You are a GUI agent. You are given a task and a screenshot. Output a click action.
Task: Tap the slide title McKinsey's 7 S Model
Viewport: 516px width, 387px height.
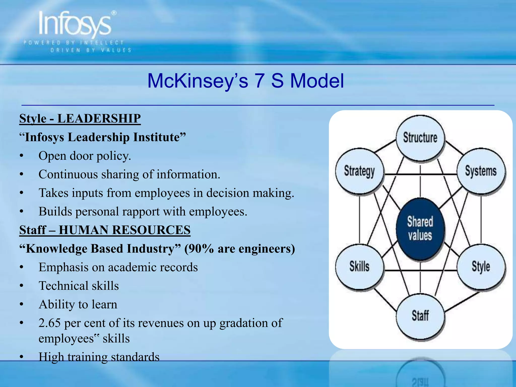(x=245, y=81)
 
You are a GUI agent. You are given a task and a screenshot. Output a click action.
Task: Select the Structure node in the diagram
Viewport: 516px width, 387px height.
(x=420, y=138)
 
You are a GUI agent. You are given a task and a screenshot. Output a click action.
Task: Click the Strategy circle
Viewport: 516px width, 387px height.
(x=360, y=171)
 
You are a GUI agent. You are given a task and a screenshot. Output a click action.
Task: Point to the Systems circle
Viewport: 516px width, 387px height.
(x=481, y=171)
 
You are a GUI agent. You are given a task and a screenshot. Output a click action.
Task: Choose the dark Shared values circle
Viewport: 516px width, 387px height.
(x=420, y=229)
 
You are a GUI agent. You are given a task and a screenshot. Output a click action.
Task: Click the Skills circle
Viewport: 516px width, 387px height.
(x=360, y=267)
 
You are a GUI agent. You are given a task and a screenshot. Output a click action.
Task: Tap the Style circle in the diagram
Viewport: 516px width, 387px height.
(x=481, y=267)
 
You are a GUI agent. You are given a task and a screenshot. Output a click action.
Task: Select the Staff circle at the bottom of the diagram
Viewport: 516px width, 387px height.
(x=420, y=316)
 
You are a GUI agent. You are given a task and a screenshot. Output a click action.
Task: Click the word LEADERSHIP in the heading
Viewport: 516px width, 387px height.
(x=99, y=118)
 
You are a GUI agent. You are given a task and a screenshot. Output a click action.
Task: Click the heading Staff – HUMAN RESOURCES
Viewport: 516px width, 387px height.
(x=105, y=230)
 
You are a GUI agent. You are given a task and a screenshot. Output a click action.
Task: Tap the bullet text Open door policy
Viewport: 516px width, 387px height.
(x=85, y=156)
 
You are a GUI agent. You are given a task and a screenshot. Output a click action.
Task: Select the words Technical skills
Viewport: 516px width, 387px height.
(x=79, y=286)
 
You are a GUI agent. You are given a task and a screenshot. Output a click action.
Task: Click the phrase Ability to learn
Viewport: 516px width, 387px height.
(x=78, y=305)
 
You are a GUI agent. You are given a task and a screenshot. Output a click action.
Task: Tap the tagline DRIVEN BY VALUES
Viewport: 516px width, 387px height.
(x=91, y=50)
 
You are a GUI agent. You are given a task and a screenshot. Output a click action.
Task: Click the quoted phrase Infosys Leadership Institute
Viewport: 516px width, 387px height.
(x=102, y=137)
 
